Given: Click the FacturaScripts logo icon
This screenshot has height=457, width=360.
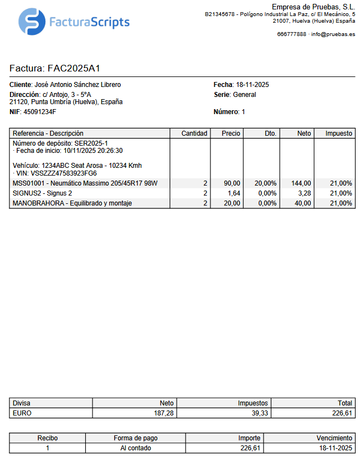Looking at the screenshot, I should [32, 22].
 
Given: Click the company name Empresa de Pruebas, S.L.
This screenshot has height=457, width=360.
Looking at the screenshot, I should [313, 6].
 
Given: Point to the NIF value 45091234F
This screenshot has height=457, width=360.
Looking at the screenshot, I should [40, 112].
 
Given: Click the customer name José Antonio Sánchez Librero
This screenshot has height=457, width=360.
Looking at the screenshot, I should [78, 85].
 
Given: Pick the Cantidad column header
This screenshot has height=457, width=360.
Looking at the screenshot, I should [194, 133].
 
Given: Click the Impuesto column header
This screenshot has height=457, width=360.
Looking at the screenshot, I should [338, 133].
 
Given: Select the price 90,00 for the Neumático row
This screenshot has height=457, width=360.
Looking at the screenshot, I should [232, 183].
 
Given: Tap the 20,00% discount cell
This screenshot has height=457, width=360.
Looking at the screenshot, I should [265, 183].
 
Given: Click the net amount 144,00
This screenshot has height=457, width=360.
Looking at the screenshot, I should [301, 183].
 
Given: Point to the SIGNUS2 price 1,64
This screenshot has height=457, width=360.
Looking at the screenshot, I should [234, 193].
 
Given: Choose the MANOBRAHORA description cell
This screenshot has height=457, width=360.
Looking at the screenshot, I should [72, 203].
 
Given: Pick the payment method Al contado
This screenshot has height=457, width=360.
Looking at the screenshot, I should [135, 448].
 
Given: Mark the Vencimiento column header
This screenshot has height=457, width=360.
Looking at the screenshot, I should [334, 438].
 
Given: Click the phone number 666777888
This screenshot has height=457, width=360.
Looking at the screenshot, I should [291, 34].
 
